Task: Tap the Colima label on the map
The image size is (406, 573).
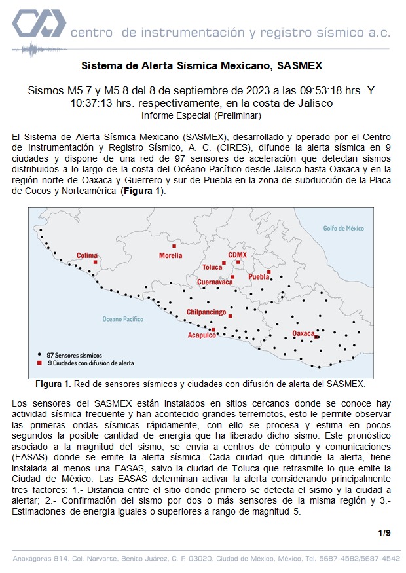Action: pyautogui.click(x=86, y=255)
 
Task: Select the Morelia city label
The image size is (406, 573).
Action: pyautogui.click(x=171, y=255)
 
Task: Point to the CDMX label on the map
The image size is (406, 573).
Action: pyautogui.click(x=237, y=255)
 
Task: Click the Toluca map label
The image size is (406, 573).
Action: pyautogui.click(x=212, y=267)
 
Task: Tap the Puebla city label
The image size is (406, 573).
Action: pyautogui.click(x=258, y=277)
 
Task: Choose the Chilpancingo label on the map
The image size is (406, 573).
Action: pyautogui.click(x=206, y=312)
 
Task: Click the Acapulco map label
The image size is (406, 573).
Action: pyautogui.click(x=202, y=335)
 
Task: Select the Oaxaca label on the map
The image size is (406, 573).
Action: pyautogui.click(x=303, y=334)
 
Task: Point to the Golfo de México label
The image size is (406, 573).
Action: pyautogui.click(x=344, y=228)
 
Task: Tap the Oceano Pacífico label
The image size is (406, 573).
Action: pyautogui.click(x=122, y=319)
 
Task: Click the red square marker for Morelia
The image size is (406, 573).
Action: pyautogui.click(x=174, y=246)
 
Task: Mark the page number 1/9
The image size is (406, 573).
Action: pyautogui.click(x=384, y=533)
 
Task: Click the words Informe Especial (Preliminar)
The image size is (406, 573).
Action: pyautogui.click(x=202, y=115)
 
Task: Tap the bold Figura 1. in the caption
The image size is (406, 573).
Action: pyautogui.click(x=52, y=383)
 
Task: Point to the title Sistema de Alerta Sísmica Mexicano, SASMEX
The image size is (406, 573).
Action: pyautogui.click(x=202, y=66)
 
